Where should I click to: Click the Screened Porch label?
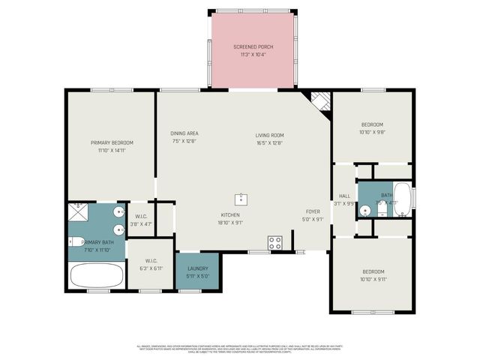pyautogui.click(x=253, y=46)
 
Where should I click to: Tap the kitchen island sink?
pyautogui.click(x=241, y=199)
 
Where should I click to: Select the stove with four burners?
pyautogui.click(x=275, y=242)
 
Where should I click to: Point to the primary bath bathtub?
pyautogui.click(x=95, y=274)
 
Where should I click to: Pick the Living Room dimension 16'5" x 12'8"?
pyautogui.click(x=269, y=142)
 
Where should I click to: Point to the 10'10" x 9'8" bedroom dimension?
pyautogui.click(x=372, y=132)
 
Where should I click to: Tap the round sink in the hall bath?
pyautogui.click(x=364, y=211)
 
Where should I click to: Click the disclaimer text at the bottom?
pyautogui.click(x=239, y=349)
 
